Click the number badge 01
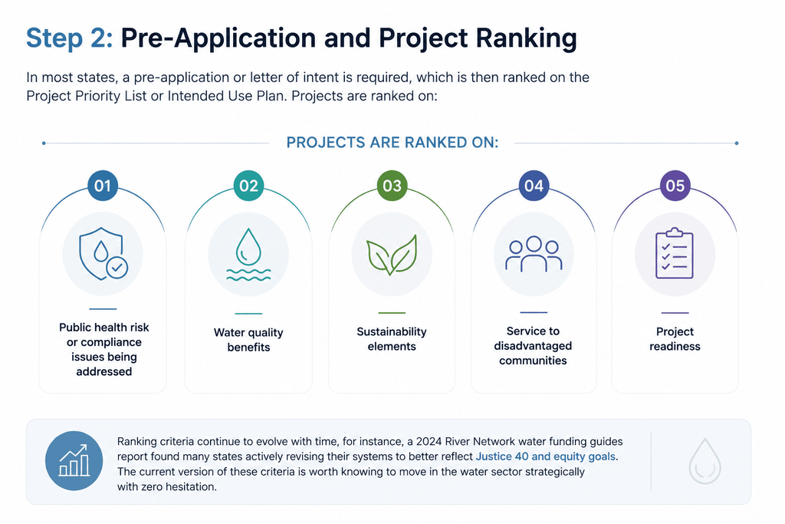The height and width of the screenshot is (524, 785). click(x=103, y=186)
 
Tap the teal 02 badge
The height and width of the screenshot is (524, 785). click(x=248, y=186)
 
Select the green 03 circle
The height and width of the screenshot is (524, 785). click(x=392, y=186)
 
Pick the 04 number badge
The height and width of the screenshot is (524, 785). click(x=534, y=186)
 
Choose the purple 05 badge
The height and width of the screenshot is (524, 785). click(x=675, y=186)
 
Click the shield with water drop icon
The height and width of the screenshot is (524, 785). click(x=103, y=254)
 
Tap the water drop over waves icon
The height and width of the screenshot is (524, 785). click(x=248, y=255)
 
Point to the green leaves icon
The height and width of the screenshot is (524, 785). click(x=392, y=255)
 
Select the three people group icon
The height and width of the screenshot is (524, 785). click(x=534, y=253)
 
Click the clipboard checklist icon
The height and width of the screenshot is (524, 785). click(x=675, y=253)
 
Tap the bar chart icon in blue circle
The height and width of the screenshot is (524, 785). click(x=74, y=460)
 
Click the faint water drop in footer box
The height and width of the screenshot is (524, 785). click(x=705, y=461)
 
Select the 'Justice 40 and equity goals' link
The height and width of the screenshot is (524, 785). click(x=546, y=456)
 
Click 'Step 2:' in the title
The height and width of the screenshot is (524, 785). click(x=70, y=38)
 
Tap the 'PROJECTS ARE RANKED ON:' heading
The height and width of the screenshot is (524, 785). click(x=392, y=143)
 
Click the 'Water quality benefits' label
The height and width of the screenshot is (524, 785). click(x=248, y=340)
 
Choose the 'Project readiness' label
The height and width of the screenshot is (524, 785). click(x=675, y=338)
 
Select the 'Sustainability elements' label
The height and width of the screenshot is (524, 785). click(x=392, y=338)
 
